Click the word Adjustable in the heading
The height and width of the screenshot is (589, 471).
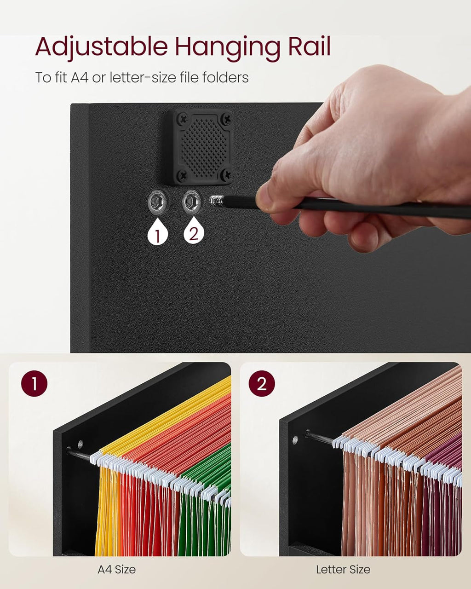[x=102, y=47]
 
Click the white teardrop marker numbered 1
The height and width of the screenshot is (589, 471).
[x=157, y=234]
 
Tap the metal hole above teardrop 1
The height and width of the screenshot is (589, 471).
[x=156, y=202]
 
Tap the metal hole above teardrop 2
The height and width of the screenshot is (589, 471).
[x=192, y=201]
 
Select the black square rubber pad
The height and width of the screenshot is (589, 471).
[x=203, y=147]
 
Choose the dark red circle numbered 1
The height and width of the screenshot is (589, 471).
[x=34, y=384]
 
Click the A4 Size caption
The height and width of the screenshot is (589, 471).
[x=117, y=570]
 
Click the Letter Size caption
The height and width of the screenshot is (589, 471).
[x=343, y=570]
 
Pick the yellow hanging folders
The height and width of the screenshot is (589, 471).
[x=108, y=506]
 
